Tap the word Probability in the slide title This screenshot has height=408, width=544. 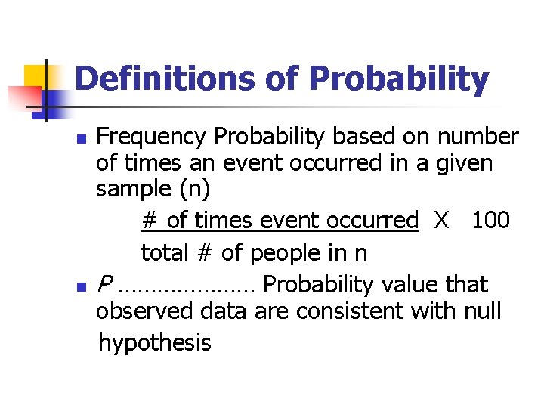399,79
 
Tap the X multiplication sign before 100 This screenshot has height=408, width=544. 441,220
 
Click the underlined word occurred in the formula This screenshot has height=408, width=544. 372,220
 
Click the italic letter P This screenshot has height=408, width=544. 105,285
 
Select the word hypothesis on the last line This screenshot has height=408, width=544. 155,343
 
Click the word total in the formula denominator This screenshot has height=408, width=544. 164,252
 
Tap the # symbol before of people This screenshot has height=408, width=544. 203,252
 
